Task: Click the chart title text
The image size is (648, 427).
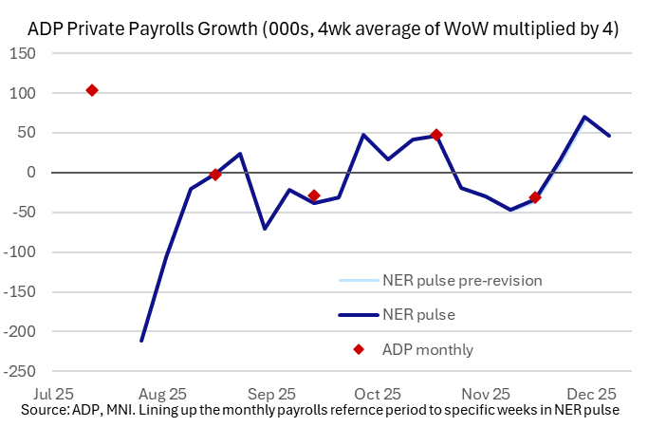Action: [x=324, y=29]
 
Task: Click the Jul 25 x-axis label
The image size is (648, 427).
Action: [x=51, y=392]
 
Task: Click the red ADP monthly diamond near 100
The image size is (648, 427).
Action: [x=92, y=90]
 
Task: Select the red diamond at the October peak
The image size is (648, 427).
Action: [x=436, y=135]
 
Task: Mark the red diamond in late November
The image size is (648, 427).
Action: [x=535, y=197]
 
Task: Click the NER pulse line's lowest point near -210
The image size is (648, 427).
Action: [x=141, y=341]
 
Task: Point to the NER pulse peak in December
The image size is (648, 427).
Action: [x=584, y=117]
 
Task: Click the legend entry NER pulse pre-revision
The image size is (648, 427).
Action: [x=463, y=280]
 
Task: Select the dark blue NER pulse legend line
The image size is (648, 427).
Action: [x=358, y=314]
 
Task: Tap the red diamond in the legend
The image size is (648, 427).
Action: [x=359, y=349]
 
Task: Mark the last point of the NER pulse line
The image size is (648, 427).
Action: [x=609, y=136]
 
